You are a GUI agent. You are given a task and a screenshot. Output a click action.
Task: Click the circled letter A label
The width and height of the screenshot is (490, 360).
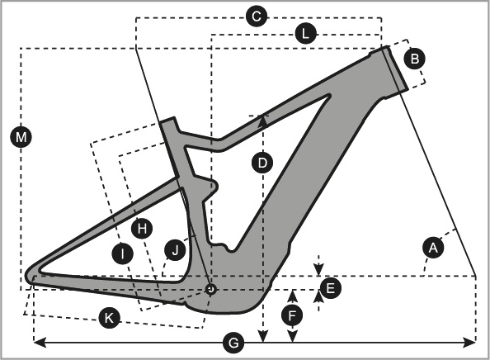433,248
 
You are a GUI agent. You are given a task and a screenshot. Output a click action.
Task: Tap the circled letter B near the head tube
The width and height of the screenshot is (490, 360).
415,59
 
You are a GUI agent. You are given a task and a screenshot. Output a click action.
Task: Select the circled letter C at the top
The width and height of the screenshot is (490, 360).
257,17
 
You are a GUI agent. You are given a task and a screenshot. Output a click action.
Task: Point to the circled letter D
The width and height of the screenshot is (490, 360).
262,163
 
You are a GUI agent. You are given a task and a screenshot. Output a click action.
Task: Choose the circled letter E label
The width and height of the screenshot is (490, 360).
330,288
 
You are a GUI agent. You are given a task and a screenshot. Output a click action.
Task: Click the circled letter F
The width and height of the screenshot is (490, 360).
292,316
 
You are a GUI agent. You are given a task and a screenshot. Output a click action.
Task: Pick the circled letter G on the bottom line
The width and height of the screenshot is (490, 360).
233,343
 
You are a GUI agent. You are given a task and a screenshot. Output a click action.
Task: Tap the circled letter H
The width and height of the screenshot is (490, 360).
142,229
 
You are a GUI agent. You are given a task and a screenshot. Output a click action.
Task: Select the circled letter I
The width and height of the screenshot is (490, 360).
122,253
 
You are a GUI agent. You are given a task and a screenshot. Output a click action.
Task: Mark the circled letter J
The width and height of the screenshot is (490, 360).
175,250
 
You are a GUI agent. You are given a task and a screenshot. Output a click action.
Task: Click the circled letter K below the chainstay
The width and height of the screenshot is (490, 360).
109,318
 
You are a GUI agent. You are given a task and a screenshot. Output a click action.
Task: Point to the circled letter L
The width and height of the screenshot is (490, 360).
305,34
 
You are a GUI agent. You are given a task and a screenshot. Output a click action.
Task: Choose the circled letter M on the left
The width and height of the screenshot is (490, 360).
21,137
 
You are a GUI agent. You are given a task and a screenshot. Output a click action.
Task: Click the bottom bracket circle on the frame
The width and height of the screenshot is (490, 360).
211,289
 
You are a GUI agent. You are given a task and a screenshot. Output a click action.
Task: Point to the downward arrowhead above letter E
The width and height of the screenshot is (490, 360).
318,270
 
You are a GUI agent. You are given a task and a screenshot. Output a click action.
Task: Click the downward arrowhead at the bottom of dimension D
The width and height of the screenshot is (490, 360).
263,337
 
